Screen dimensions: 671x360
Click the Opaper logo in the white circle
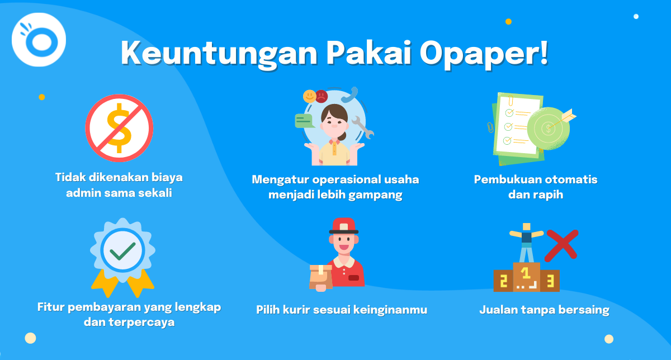(x=39, y=40)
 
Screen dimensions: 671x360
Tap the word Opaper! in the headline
(x=484, y=54)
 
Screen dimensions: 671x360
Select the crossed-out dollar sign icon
(x=119, y=128)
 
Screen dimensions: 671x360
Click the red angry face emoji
(x=322, y=97)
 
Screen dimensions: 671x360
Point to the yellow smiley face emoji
(x=309, y=97)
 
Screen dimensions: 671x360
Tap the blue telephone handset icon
(x=350, y=94)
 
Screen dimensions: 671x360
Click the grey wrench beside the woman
(x=363, y=127)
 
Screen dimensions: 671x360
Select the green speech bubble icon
(x=304, y=121)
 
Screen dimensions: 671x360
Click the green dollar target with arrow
(x=551, y=128)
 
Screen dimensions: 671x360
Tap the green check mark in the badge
(x=122, y=250)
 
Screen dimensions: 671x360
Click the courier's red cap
(x=344, y=226)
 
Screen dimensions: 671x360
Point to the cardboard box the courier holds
(x=321, y=277)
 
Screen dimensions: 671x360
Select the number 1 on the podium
(x=525, y=273)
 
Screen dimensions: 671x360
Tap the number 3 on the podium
(x=550, y=281)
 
